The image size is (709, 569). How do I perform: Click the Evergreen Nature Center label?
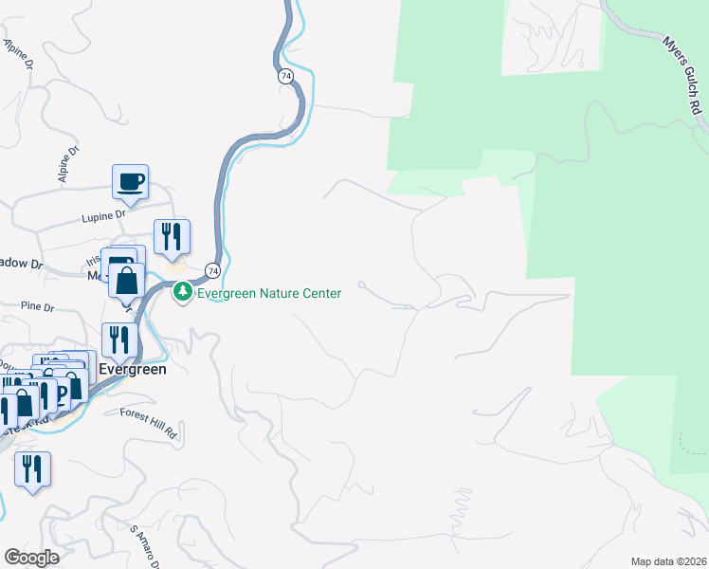click(x=268, y=294)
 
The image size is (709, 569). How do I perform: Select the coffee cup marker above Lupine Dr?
click(x=131, y=180)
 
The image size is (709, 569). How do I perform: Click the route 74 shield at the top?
click(x=285, y=76)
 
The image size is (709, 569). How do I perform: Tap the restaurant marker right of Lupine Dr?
click(x=172, y=237)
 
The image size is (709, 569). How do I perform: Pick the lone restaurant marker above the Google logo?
click(x=32, y=469)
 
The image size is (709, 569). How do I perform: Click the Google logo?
click(x=32, y=557)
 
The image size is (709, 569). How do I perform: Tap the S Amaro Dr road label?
click(x=144, y=545)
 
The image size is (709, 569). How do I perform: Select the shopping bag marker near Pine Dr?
click(x=127, y=281)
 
